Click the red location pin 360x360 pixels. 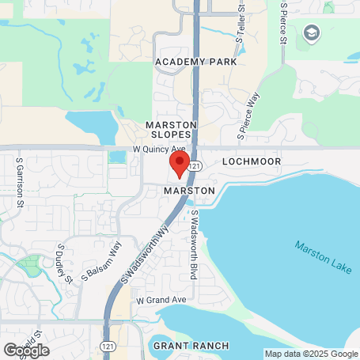coord(180,165)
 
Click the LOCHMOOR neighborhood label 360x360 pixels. coord(251,161)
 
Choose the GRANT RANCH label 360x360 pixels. coord(191,346)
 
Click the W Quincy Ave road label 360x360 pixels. coord(158,148)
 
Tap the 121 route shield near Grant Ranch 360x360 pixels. coord(106,346)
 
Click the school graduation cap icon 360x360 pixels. coord(310,33)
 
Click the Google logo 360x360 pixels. coord(25,350)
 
